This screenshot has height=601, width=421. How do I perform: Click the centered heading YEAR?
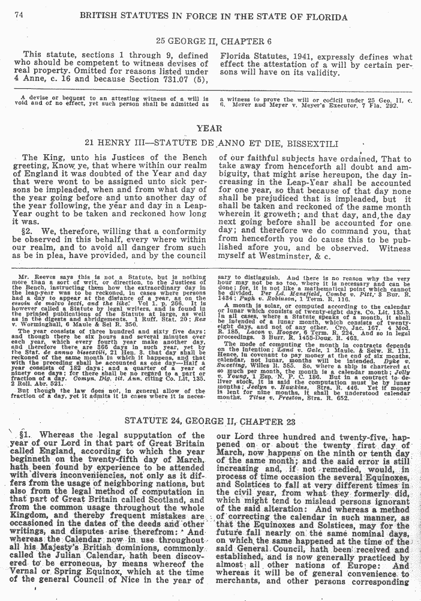pyautogui.click(x=210, y=128)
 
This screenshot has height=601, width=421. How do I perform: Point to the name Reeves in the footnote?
pyautogui.click(x=48, y=279)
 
